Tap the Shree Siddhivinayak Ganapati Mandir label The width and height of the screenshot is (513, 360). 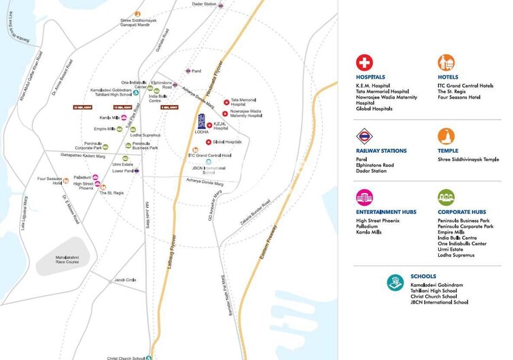[139, 22]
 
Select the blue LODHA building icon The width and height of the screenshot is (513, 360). [201, 123]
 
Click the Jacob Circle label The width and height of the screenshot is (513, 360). [125, 280]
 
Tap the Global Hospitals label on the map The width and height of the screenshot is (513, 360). [227, 142]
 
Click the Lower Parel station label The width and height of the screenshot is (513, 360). [123, 171]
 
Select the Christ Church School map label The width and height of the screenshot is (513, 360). [126, 357]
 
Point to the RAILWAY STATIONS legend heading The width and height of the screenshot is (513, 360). [381, 151]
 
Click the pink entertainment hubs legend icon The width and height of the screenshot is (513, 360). [365, 198]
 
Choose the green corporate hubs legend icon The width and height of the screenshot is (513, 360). [446, 198]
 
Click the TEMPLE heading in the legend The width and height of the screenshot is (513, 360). [449, 151]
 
